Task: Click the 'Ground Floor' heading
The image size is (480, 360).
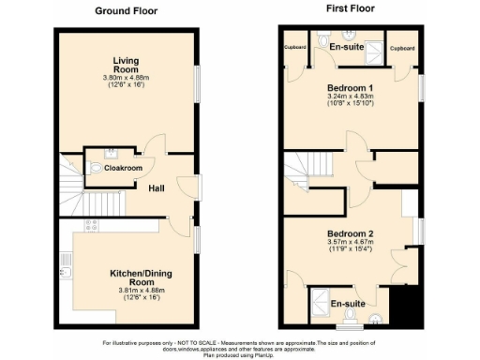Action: click(127, 11)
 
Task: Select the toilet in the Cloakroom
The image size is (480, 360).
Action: click(99, 169)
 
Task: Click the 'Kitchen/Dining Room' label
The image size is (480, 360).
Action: click(127, 277)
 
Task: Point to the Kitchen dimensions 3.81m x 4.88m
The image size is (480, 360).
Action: click(127, 293)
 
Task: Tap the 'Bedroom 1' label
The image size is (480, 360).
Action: click(348, 85)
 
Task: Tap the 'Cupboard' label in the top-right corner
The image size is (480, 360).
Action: click(403, 47)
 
